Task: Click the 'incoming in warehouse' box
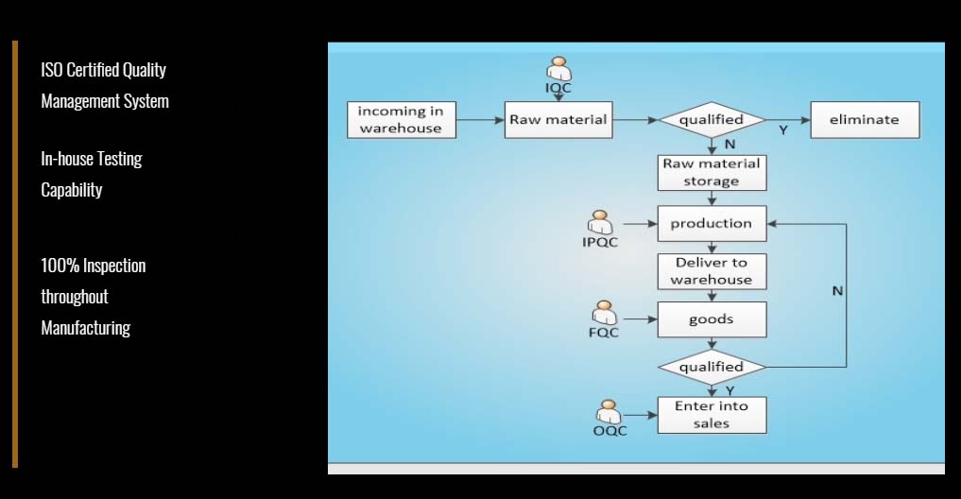click(x=402, y=119)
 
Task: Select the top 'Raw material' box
click(x=558, y=119)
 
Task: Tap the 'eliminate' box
click(x=865, y=119)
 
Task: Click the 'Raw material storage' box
click(x=712, y=172)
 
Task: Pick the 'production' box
click(x=712, y=224)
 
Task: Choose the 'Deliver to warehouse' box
click(x=712, y=271)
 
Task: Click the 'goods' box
click(x=712, y=319)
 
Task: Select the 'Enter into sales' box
click(x=712, y=415)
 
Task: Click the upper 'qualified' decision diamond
click(x=712, y=119)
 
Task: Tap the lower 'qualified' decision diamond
click(x=712, y=368)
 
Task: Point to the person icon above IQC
click(x=558, y=69)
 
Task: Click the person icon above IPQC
click(x=600, y=222)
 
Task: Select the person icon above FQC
click(x=605, y=313)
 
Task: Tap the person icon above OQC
click(x=609, y=412)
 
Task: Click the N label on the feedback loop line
click(x=837, y=291)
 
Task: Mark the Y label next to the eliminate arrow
click(x=782, y=130)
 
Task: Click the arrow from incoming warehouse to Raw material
click(x=480, y=120)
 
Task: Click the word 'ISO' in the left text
click(x=51, y=70)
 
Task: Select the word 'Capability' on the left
click(x=72, y=190)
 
